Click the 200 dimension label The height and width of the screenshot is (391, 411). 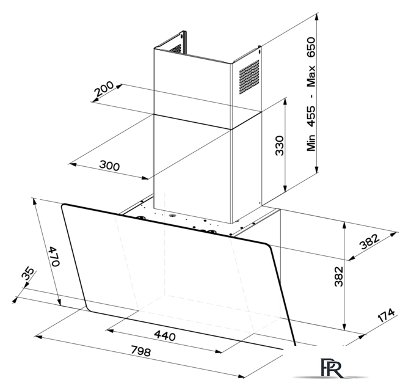[x=104, y=89]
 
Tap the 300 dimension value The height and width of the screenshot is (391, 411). [x=109, y=165]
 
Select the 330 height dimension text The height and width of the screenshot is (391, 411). [x=280, y=145]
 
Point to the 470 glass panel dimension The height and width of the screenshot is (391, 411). [x=55, y=256]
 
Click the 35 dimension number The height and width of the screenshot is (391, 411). [x=27, y=274]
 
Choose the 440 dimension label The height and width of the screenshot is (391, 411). [x=165, y=335]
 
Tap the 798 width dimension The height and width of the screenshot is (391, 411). [x=140, y=351]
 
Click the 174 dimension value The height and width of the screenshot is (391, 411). [x=386, y=315]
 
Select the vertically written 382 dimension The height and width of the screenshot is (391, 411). [x=339, y=276]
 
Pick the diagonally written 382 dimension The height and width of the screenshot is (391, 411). [x=369, y=241]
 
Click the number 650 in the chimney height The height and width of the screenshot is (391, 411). [x=311, y=47]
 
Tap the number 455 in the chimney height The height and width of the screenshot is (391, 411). [x=311, y=116]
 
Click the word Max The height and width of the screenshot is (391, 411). [x=311, y=76]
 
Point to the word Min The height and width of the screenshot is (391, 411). [x=311, y=143]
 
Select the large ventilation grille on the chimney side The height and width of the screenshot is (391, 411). [x=249, y=77]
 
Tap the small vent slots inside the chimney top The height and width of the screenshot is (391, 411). [x=175, y=49]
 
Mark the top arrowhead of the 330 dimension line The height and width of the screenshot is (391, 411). [x=285, y=102]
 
